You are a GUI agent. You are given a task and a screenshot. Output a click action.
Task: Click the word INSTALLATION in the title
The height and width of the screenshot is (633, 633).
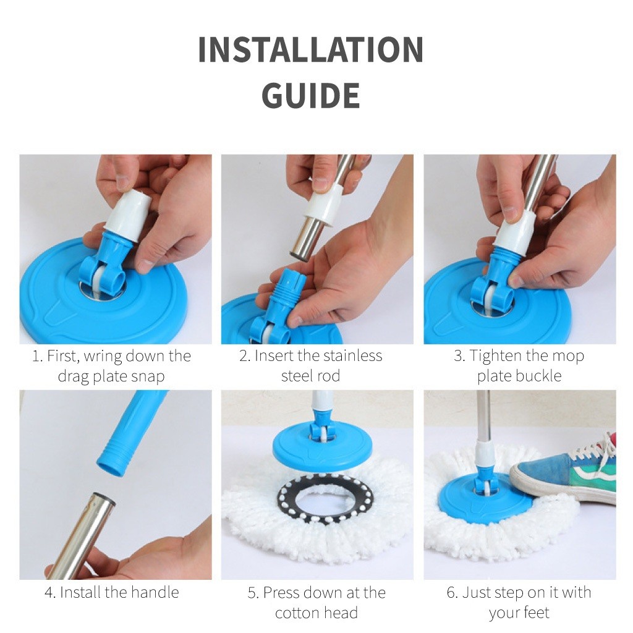coord(311,49)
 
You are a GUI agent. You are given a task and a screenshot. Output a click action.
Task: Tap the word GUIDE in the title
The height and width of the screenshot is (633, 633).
coord(311,95)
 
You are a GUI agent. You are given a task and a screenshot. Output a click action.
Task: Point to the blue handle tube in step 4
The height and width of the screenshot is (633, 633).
coord(129,434)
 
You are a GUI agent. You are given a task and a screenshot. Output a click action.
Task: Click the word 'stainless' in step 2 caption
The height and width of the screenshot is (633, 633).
coord(347,355)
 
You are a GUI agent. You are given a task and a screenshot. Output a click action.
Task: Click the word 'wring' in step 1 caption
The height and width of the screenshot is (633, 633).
coord(103,357)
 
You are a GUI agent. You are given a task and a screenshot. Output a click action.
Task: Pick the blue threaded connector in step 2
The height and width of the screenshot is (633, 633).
coord(276,299)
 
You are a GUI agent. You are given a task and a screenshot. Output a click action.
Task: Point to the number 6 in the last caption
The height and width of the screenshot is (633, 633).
coord(451,593)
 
